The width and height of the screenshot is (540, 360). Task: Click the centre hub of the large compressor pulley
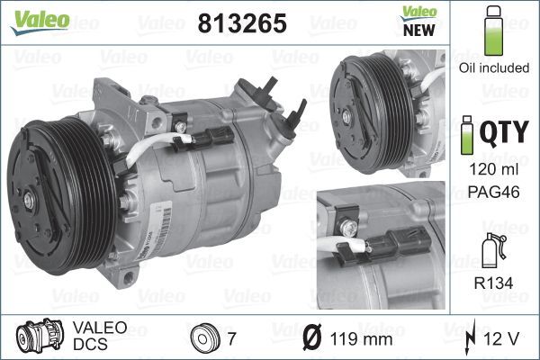[42, 178]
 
